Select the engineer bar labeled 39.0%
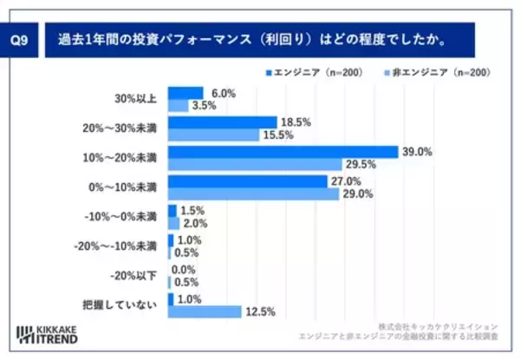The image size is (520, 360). coord(283,153)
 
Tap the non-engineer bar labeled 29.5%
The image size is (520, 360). coord(254,165)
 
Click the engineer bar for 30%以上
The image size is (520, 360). coord(185,93)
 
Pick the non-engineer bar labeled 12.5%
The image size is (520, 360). coord(205,311)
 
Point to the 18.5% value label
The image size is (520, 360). coord(295,122)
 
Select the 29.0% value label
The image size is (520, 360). coord(356,194)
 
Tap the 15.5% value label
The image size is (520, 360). coord(277,135)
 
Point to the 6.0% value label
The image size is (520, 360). coord(221,93)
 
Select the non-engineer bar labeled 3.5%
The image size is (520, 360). coord(178,106)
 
